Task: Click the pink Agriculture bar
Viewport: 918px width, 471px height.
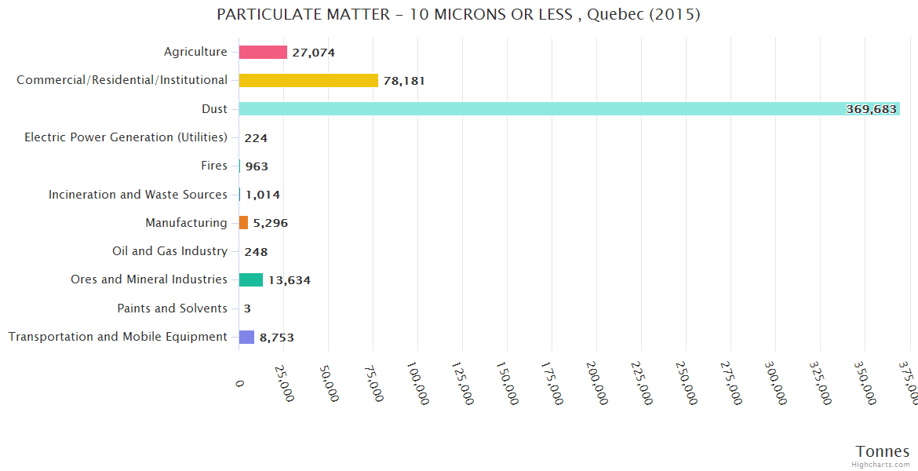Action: (x=263, y=52)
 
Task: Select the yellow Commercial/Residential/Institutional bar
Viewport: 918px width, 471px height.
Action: (x=308, y=80)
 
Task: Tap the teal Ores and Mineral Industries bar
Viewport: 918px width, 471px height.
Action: (x=251, y=279)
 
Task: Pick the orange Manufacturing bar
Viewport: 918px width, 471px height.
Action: (x=243, y=223)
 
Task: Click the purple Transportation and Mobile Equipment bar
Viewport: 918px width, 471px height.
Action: (x=246, y=337)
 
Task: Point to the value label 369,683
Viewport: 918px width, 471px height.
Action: (x=871, y=109)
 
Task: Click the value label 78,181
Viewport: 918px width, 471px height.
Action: (x=404, y=80)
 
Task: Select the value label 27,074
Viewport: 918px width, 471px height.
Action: (x=314, y=53)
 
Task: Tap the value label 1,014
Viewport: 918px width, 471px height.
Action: (x=263, y=195)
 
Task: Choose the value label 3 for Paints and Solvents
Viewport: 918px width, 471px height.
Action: (x=247, y=309)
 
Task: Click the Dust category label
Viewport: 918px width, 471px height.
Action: (x=214, y=108)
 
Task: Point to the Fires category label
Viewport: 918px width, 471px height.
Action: (x=214, y=166)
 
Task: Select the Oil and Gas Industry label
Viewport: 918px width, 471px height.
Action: (x=170, y=251)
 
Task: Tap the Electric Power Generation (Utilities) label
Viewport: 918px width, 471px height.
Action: (x=126, y=137)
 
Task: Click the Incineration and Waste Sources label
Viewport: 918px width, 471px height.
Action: (x=138, y=194)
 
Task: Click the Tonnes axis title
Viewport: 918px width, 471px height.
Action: (x=883, y=451)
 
